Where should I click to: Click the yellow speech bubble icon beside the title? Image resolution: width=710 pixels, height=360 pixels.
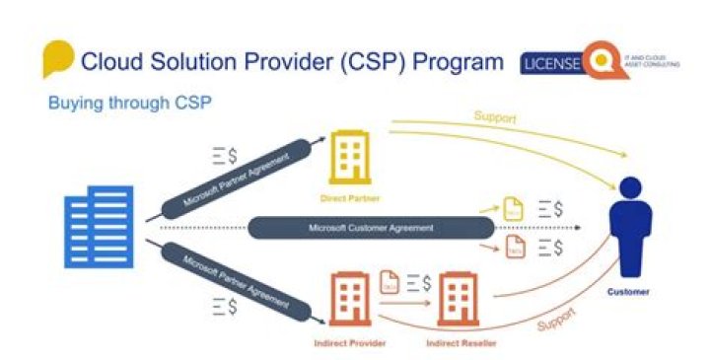tap(57, 59)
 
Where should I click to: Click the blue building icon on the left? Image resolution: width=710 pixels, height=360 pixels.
tap(99, 227)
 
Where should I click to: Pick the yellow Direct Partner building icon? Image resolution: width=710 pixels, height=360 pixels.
tap(350, 157)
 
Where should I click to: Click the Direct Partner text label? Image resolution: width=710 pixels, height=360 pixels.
tap(350, 197)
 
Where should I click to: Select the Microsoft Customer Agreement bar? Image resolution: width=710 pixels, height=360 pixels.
tap(370, 227)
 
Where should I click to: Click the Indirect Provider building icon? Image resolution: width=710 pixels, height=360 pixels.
tap(351, 300)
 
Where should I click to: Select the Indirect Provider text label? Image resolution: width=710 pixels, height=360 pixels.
tap(351, 342)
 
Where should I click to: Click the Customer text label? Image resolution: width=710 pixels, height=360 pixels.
tap(628, 292)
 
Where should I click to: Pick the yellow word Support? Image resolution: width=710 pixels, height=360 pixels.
tap(494, 117)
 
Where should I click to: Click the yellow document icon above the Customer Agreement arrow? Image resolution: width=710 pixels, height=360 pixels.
tap(513, 209)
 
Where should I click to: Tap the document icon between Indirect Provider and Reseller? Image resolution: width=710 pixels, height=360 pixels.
tap(389, 281)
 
